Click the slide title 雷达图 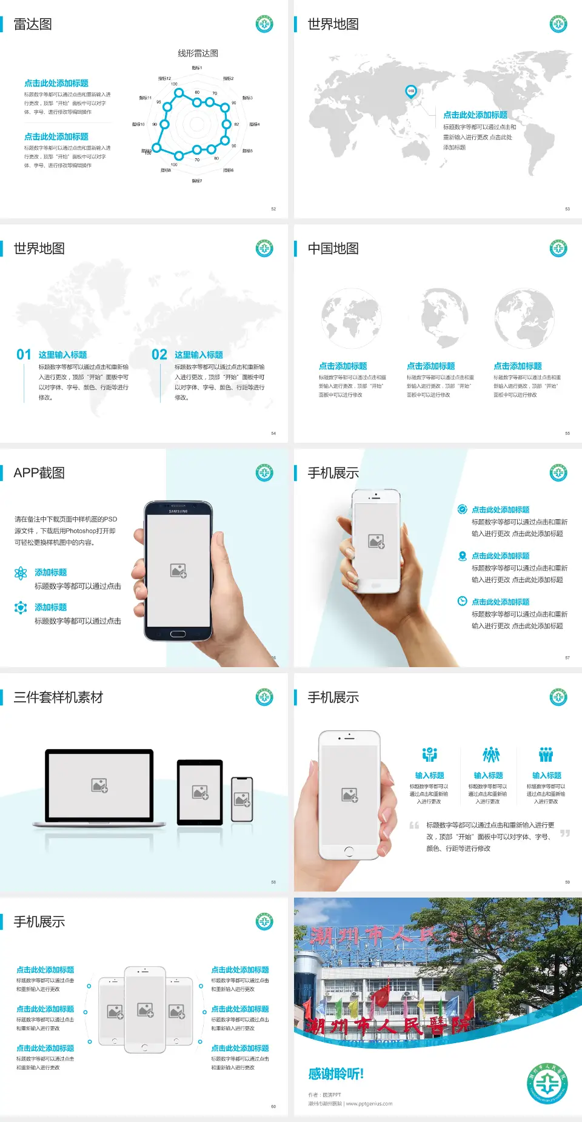33,24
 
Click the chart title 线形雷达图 198,53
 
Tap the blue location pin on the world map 410,92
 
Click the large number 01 24,354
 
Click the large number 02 159,354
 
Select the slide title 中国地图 333,249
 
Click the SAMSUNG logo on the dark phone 178,511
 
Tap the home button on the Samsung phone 178,634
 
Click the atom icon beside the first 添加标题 21,573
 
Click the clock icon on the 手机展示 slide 462,601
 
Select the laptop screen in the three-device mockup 99,785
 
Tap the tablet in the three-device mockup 200,791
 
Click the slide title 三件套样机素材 58,697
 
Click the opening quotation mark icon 414,825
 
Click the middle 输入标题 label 488,775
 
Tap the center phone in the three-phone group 145,1009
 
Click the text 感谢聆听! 336,1074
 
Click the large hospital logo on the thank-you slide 547,1083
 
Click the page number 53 567,209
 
